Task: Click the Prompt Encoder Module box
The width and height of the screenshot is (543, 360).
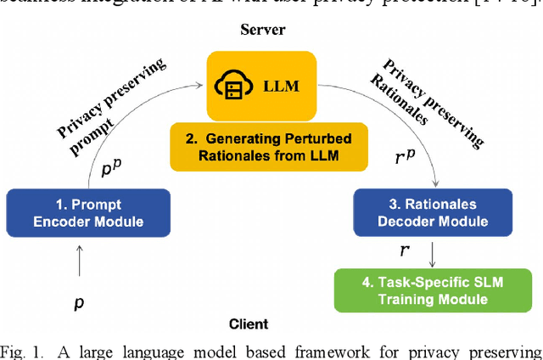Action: pyautogui.click(x=88, y=213)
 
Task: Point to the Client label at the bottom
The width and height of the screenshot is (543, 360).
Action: pyautogui.click(x=248, y=323)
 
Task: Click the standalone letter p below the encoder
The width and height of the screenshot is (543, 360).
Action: pyautogui.click(x=78, y=302)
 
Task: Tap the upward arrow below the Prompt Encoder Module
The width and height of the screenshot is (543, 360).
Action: pyautogui.click(x=78, y=258)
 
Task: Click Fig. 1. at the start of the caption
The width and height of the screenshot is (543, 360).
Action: pyautogui.click(x=26, y=350)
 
